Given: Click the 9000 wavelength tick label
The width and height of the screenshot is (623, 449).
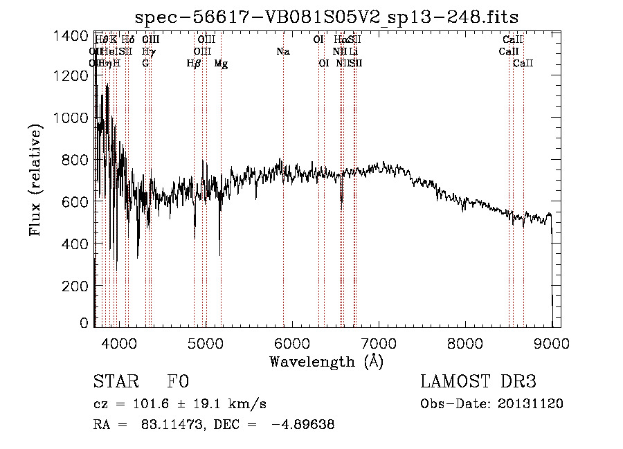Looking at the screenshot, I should [551, 343].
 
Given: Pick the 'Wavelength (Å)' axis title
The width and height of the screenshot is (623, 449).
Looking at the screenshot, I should [326, 361].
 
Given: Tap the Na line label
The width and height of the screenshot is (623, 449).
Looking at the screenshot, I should [282, 52].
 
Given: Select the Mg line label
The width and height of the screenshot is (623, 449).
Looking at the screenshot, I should [221, 64].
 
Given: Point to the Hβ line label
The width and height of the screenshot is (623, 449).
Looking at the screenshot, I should [194, 64].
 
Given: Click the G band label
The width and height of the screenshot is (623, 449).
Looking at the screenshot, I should [145, 64].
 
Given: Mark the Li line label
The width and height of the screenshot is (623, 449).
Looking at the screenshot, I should [354, 52].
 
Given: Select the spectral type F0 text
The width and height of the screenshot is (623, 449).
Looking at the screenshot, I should [178, 382].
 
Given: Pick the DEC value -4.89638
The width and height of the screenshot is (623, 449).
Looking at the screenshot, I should [304, 425].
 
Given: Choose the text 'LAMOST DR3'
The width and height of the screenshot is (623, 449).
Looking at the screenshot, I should [478, 382].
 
